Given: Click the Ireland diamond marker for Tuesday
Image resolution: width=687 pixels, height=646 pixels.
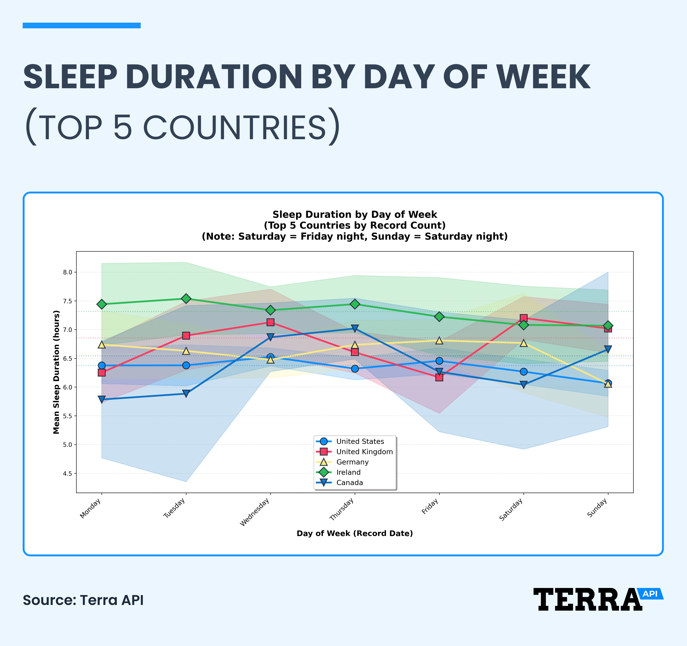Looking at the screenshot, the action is click(186, 298).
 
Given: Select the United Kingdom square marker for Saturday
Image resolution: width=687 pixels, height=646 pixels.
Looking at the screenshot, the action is click(524, 318).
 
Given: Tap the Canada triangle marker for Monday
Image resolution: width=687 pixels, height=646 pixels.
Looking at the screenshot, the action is click(102, 399).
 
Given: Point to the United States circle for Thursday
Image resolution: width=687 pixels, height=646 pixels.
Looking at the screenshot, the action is click(355, 369).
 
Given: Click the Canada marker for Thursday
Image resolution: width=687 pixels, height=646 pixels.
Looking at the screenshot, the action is click(355, 328).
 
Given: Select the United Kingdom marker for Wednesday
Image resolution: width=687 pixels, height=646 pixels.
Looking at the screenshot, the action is click(271, 322).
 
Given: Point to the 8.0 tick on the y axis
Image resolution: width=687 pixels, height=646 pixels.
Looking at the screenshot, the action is click(68, 272).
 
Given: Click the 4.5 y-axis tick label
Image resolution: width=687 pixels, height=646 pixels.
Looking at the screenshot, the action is click(68, 473).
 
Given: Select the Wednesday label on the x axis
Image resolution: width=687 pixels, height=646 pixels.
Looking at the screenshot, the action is click(255, 513).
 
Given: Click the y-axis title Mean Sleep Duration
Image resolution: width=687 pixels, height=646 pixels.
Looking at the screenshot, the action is click(56, 372).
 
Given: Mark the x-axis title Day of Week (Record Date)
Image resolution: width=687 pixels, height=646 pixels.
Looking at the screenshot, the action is click(355, 533).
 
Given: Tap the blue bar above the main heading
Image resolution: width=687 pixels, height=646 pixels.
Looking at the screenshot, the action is click(81, 25).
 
